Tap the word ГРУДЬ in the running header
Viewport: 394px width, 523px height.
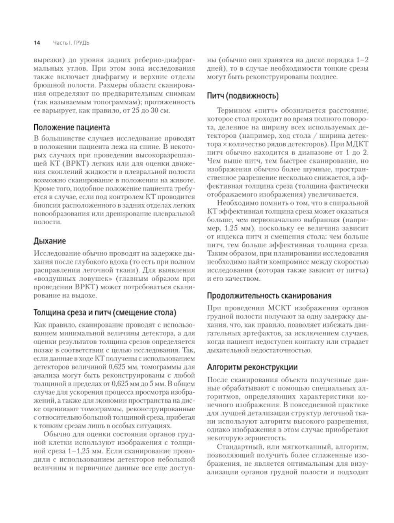click(x=82, y=42)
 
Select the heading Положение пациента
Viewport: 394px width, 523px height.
click(x=71, y=127)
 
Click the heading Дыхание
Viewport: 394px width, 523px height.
click(x=50, y=241)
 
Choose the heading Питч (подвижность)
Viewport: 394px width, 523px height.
click(x=243, y=96)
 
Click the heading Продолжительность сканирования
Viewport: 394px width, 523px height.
click(x=269, y=296)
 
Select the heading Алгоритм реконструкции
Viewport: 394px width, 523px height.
click(x=252, y=367)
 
